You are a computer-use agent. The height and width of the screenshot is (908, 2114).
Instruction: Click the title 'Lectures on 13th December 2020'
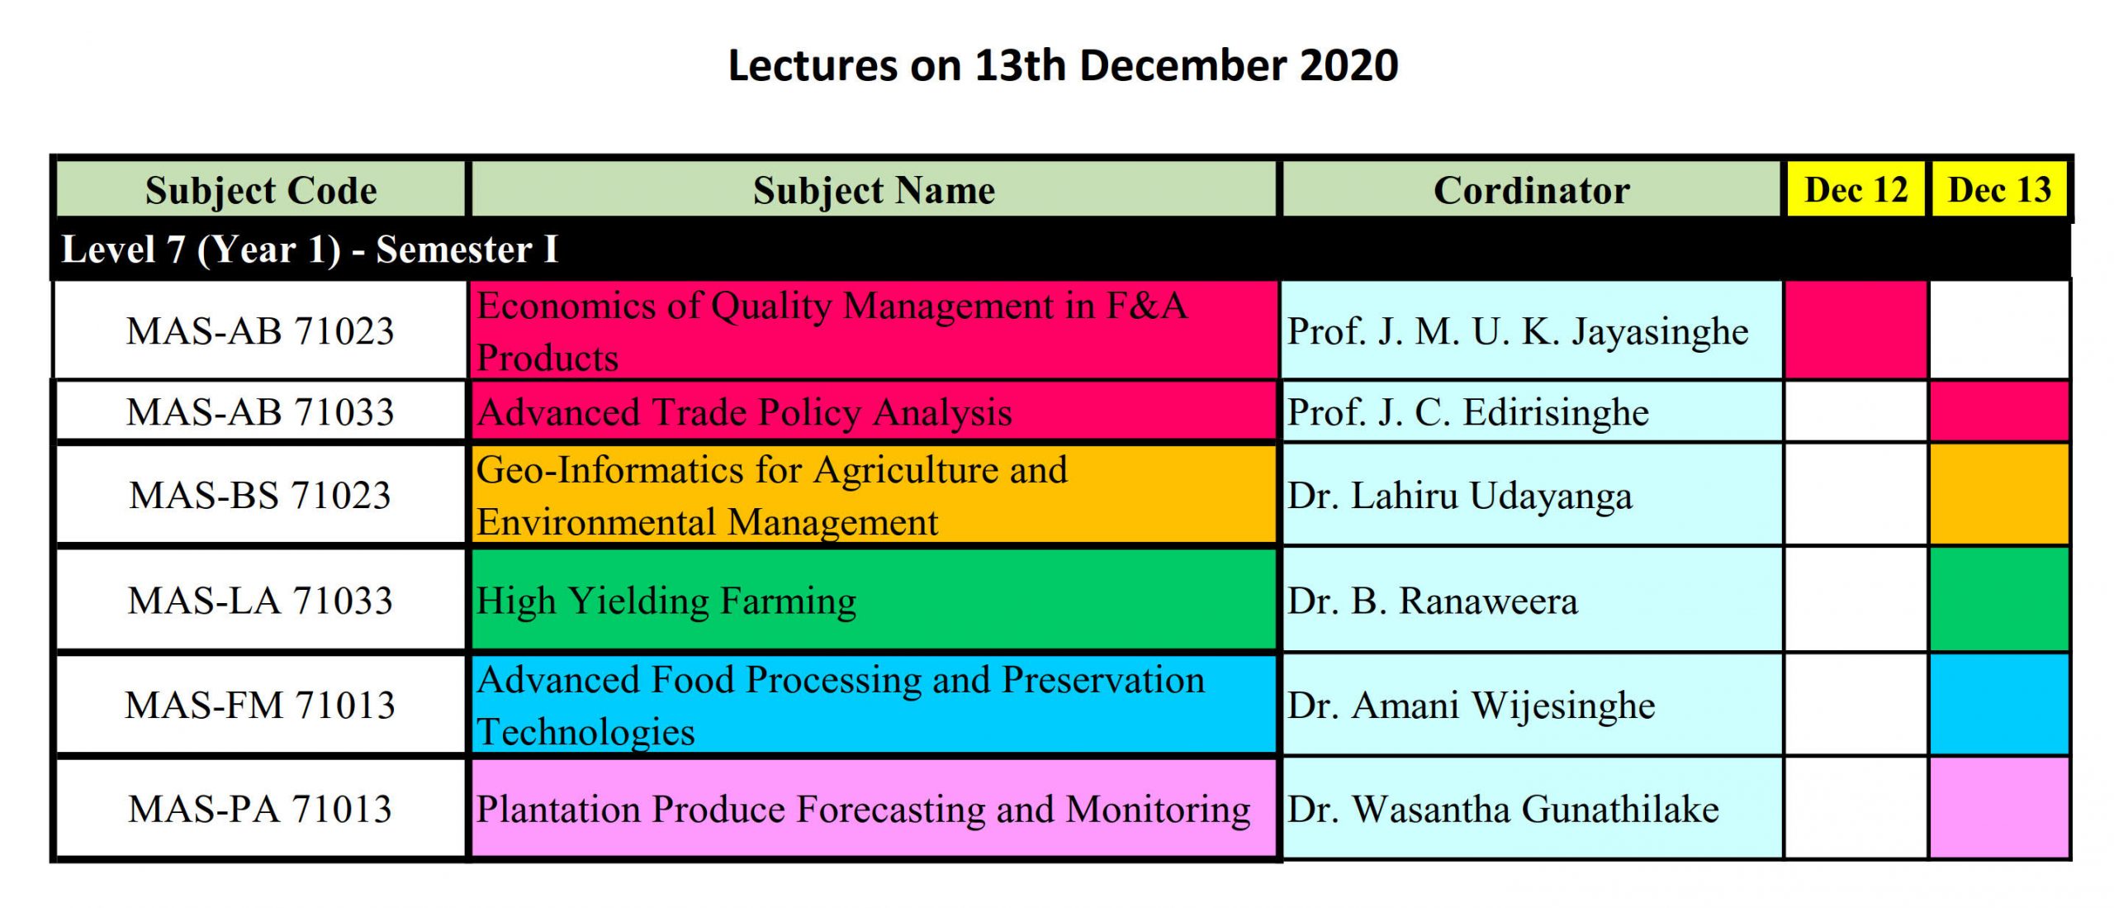[1063, 65]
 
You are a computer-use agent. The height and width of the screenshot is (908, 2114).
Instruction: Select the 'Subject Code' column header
[261, 190]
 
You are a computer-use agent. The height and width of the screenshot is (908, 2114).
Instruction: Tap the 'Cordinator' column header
[1531, 190]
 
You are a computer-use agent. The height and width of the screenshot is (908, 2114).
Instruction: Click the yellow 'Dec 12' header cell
[1856, 190]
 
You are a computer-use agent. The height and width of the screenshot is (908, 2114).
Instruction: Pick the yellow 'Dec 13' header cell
[1999, 190]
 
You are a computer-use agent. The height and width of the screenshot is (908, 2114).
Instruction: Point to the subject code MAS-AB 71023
[260, 331]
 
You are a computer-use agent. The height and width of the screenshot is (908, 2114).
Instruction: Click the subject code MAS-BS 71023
[260, 496]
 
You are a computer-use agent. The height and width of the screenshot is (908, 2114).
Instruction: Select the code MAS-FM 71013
[260, 706]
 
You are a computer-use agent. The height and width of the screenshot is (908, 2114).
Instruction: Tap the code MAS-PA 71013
[260, 809]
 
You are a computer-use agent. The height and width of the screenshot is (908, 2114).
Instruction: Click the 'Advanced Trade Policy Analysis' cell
[874, 411]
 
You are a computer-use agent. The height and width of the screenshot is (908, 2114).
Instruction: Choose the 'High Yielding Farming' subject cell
[874, 600]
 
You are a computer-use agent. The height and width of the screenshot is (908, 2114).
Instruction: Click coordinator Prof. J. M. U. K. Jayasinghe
[1518, 332]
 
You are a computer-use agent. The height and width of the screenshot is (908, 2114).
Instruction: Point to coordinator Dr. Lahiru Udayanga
[1460, 497]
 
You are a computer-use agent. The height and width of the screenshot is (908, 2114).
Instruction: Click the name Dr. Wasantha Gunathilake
[1503, 810]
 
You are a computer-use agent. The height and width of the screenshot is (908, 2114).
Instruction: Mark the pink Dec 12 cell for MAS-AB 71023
[1856, 330]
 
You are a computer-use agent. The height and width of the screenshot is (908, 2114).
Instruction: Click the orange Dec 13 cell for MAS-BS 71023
[1999, 494]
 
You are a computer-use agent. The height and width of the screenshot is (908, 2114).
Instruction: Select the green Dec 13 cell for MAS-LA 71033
[1999, 600]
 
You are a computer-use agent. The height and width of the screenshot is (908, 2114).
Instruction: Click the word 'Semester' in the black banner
[453, 250]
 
